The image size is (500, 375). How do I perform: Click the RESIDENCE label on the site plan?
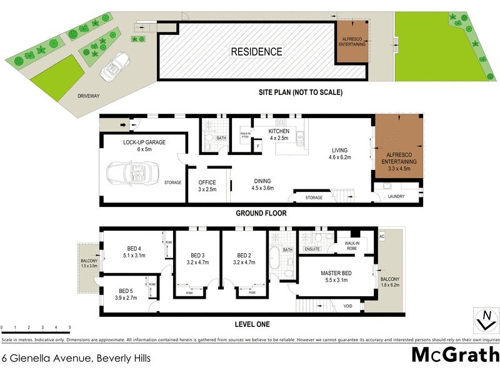click(x=257, y=52)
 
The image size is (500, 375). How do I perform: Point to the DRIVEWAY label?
click(x=89, y=96)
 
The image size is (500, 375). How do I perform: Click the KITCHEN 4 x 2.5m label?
click(x=278, y=134)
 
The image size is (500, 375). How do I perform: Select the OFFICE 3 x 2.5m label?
click(x=207, y=186)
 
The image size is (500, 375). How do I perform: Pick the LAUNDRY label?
click(x=396, y=196)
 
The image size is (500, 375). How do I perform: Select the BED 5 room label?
click(x=126, y=294)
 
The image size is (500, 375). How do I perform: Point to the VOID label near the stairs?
click(x=347, y=306)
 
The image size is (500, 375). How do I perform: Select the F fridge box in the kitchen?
click(x=258, y=146)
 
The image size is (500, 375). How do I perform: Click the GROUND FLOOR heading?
click(x=261, y=213)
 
